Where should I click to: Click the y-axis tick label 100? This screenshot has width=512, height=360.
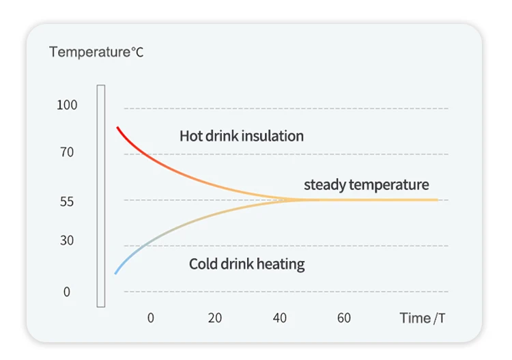pyautogui.click(x=68, y=105)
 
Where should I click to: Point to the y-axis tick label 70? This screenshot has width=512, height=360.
pyautogui.click(x=67, y=152)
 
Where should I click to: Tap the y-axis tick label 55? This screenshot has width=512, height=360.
pyautogui.click(x=67, y=202)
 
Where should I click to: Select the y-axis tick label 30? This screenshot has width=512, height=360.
pyautogui.click(x=67, y=240)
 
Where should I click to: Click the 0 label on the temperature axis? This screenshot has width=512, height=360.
pyautogui.click(x=67, y=292)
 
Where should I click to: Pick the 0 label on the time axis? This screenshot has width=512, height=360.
pyautogui.click(x=151, y=318)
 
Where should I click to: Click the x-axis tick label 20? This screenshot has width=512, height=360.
pyautogui.click(x=215, y=318)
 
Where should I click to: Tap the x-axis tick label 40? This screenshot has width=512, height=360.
pyautogui.click(x=279, y=318)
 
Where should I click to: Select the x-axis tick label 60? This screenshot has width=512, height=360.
pyautogui.click(x=344, y=318)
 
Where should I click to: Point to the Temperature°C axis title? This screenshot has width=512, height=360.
pyautogui.click(x=96, y=52)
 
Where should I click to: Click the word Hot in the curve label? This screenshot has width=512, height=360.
pyautogui.click(x=191, y=136)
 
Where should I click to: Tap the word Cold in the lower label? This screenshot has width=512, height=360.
pyautogui.click(x=203, y=264)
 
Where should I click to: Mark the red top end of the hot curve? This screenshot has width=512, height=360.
pyautogui.click(x=118, y=128)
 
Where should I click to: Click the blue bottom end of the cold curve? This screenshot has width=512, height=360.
pyautogui.click(x=116, y=273)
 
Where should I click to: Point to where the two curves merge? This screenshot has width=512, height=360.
pyautogui.click(x=300, y=199)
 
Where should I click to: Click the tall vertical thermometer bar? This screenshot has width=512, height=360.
pyautogui.click(x=101, y=196)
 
